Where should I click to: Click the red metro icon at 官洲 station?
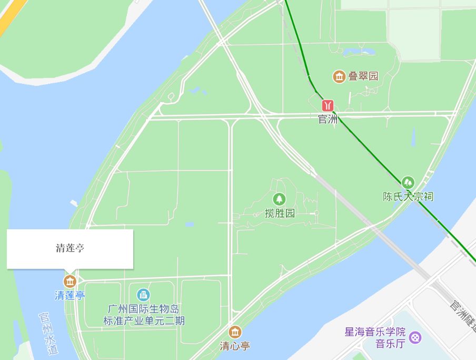(328, 104)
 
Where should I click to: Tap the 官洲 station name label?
(328, 119)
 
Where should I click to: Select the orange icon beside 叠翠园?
(339, 76)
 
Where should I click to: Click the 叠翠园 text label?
(363, 76)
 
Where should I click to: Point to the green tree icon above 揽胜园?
(279, 199)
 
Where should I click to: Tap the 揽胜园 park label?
(280, 213)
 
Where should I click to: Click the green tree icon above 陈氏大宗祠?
(408, 183)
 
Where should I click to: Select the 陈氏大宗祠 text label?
(408, 197)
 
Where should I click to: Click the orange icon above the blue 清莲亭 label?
(70, 281)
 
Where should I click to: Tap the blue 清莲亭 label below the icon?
(70, 295)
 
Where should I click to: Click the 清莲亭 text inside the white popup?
(70, 248)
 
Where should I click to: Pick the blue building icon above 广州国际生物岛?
(143, 295)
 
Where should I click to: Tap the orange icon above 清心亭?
(235, 332)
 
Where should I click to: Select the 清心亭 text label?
(235, 346)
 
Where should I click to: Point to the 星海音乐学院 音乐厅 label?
(375, 338)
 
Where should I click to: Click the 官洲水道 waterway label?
(48, 332)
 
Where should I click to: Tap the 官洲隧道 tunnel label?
(463, 315)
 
